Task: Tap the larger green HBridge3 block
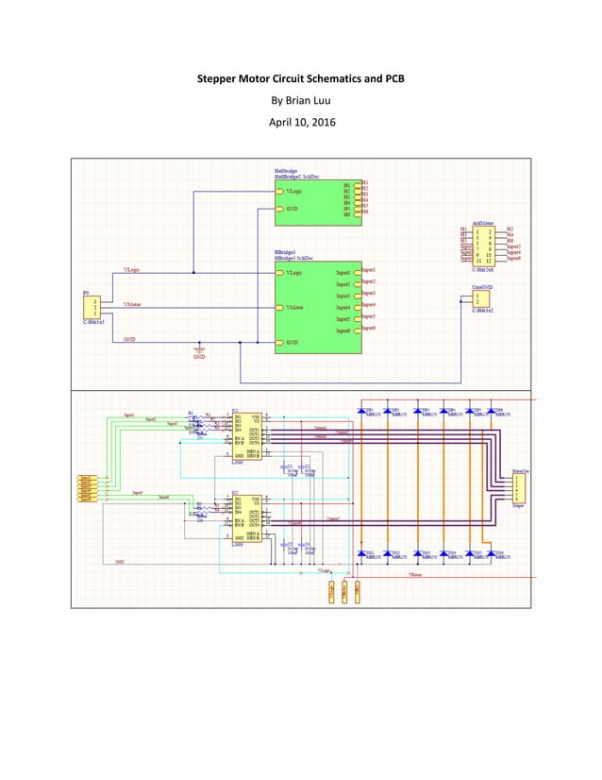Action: coord(318,306)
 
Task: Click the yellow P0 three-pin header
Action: coord(94,307)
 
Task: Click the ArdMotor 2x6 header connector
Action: coord(490,246)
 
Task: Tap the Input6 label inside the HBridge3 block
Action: coord(343,331)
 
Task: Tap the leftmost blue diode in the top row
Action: coord(362,411)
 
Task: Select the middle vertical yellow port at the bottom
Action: coord(344,592)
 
